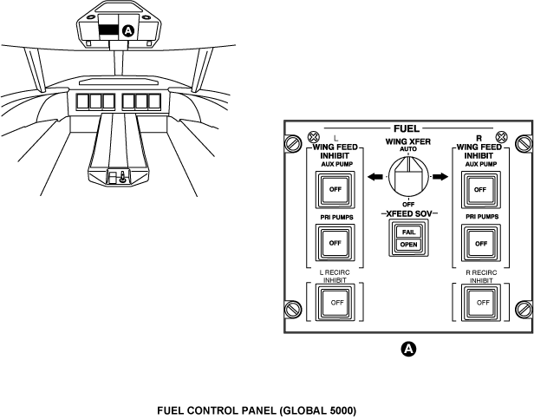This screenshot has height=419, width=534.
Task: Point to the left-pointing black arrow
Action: [374, 177]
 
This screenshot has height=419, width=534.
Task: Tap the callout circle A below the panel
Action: [408, 349]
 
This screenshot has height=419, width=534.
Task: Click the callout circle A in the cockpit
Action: [128, 30]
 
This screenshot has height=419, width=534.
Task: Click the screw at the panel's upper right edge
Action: [523, 144]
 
